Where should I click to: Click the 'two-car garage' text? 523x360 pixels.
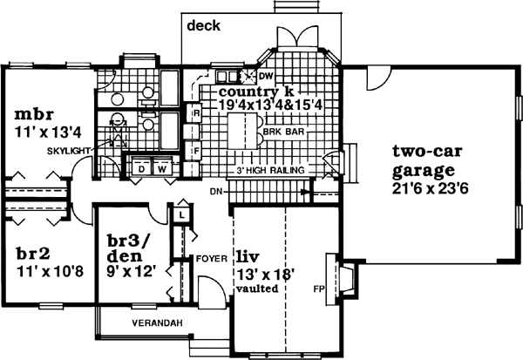(426, 159)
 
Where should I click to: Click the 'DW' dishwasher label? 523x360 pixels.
(266, 77)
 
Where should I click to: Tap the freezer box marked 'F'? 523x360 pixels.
(197, 151)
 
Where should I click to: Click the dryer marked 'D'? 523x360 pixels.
(140, 167)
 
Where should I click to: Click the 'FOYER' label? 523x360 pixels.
(212, 258)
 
